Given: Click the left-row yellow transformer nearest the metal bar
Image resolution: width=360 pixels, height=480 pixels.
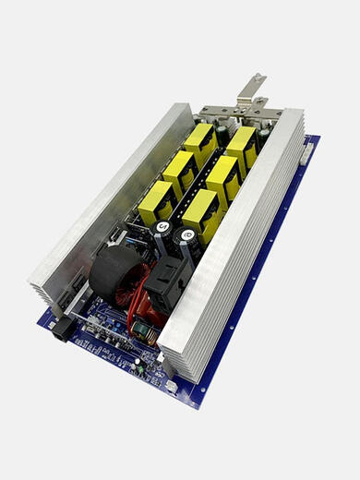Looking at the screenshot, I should pyautogui.click(x=199, y=142).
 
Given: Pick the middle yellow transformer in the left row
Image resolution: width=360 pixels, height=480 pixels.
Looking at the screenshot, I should pyautogui.click(x=180, y=171).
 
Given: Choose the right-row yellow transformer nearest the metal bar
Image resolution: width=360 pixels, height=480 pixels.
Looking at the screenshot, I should pyautogui.click(x=241, y=145).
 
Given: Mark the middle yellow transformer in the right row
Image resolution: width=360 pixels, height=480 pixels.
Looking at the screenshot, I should pyautogui.click(x=222, y=176).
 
